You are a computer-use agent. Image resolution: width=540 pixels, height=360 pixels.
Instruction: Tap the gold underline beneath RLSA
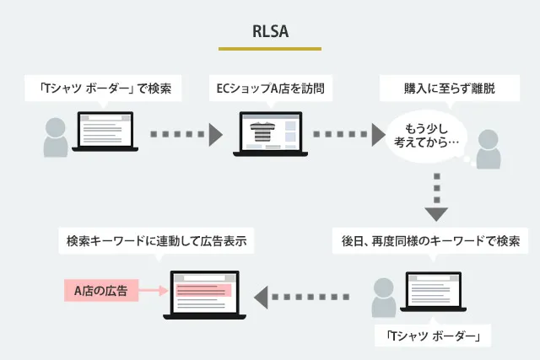[x=270, y=48]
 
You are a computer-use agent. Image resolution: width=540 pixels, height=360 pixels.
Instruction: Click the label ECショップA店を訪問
[x=270, y=87]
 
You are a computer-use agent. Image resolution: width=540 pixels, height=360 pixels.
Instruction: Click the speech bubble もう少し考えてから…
[x=427, y=135]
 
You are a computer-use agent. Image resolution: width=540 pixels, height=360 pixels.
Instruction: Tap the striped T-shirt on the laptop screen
[x=262, y=132]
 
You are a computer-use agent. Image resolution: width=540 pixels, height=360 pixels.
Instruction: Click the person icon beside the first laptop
[x=55, y=139]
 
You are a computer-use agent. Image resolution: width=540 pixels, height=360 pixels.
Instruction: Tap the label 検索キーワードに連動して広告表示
[x=156, y=241]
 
